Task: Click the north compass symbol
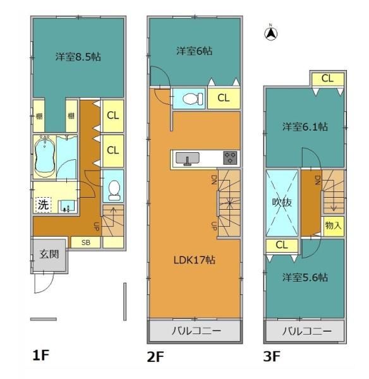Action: coord(271,33)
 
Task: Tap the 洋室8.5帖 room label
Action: coord(78,57)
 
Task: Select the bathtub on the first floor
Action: coord(45,157)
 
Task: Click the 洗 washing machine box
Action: coord(44,205)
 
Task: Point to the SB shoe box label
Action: coord(86,243)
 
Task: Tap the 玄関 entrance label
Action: coord(49,255)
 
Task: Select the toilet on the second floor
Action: coord(193,99)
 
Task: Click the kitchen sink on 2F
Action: coord(188,159)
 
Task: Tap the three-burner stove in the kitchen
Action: coord(230,157)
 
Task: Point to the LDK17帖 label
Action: coord(194,260)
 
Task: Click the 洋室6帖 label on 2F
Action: coord(194,51)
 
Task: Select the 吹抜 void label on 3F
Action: coord(282,202)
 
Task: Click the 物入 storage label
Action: coord(334,226)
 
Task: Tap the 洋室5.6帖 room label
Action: coord(305,277)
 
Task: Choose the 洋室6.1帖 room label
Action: coord(305,127)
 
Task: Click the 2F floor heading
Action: coord(155,357)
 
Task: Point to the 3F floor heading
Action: coord(272,356)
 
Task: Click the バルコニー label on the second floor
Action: coord(197,330)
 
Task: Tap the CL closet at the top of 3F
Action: coord(328,78)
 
